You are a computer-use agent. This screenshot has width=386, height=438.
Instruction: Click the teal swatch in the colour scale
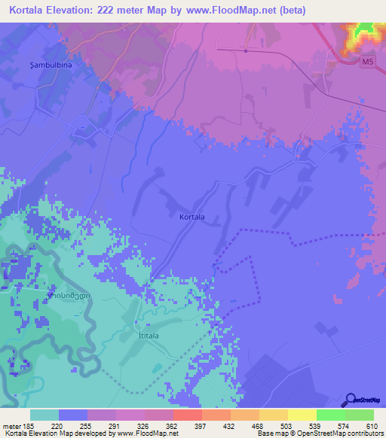point(44,415)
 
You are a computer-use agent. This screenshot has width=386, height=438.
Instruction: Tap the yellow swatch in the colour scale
point(302,415)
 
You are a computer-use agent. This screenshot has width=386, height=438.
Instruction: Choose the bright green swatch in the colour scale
point(331,415)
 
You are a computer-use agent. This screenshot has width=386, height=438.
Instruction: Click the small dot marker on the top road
point(246,51)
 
